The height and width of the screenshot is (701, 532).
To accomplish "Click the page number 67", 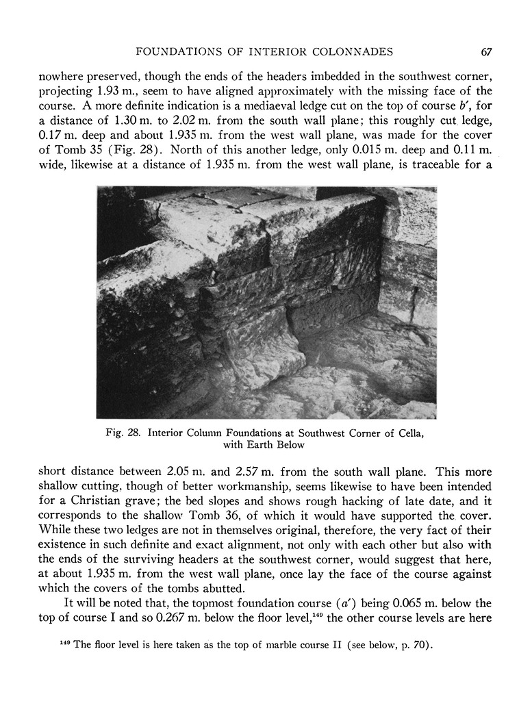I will click(x=487, y=51).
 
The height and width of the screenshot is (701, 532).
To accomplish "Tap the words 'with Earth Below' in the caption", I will click(x=264, y=444).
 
